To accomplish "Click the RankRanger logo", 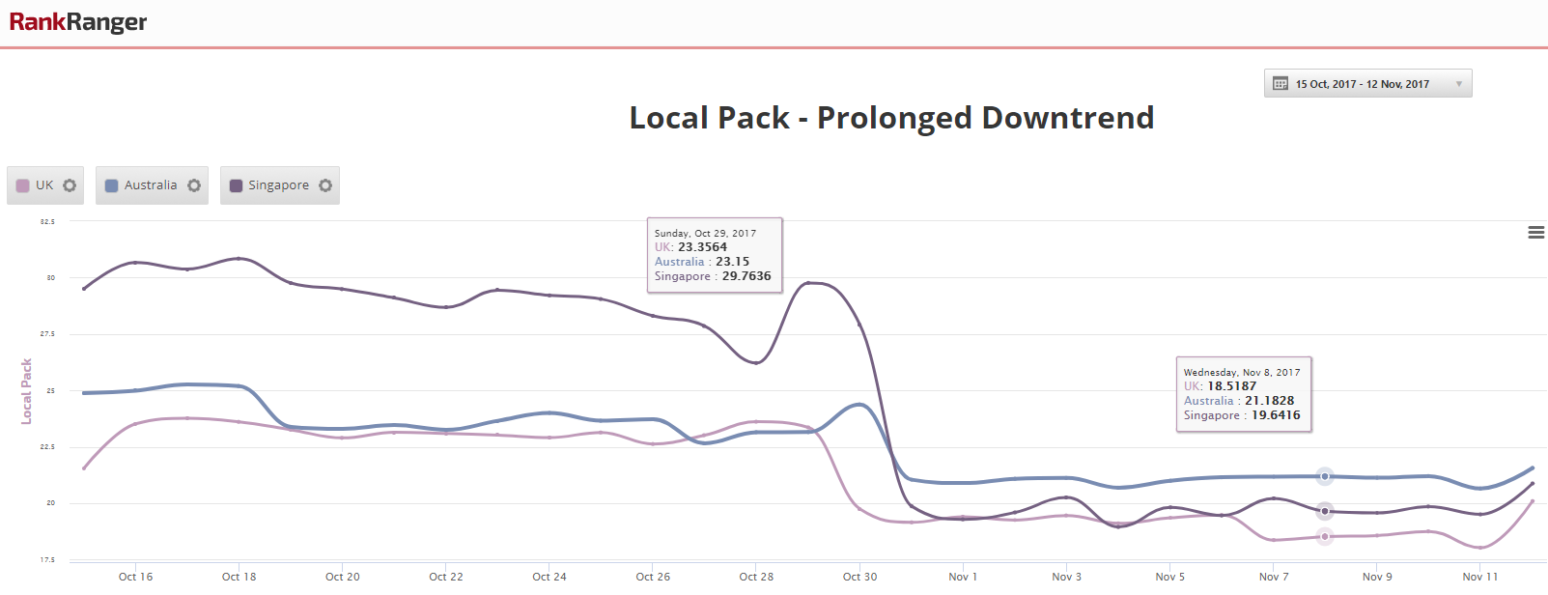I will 78,22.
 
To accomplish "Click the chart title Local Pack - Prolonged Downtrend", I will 891,118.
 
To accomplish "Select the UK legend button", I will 44,185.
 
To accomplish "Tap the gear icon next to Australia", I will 194,185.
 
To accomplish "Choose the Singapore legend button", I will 278,185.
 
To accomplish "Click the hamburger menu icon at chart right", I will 1535,233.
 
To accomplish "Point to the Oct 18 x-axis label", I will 239,577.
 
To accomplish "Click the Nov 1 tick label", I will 963,577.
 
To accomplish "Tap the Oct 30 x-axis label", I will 859,577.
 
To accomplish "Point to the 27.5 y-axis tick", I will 47,334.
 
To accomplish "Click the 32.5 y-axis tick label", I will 47,222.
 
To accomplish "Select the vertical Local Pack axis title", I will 27,391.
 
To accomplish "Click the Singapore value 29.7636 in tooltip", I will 746,276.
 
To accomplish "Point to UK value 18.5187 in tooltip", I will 1231,386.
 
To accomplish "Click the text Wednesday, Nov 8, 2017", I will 1242,372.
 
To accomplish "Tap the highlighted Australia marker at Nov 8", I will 1325,476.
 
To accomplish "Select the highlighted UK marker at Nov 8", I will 1325,536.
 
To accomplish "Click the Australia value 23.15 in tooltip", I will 732,262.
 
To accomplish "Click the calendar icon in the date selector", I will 1281,84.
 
